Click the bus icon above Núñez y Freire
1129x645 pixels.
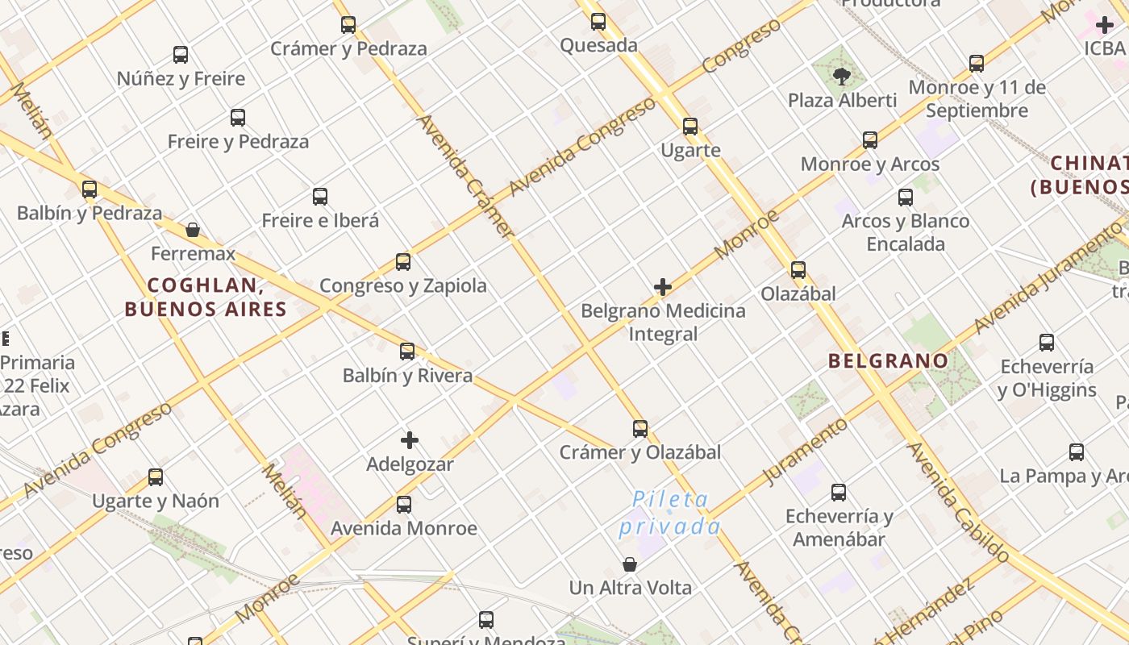pos(181,55)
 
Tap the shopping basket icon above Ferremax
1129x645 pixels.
pos(193,230)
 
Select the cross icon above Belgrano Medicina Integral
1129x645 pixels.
pos(663,287)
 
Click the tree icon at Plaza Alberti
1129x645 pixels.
pos(842,77)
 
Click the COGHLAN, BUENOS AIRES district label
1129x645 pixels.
pos(206,297)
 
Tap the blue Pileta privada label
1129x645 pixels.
pos(669,514)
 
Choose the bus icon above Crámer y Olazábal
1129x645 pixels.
pos(640,428)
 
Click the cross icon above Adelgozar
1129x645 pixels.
pos(410,440)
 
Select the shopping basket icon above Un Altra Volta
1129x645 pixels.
pos(630,564)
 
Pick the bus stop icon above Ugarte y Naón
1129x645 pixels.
pos(156,477)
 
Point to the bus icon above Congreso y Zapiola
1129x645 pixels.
pos(403,262)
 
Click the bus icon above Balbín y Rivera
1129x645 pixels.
pos(407,352)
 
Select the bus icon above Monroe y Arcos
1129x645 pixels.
pos(870,140)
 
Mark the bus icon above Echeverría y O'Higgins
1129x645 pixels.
pos(1047,343)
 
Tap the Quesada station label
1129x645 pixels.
pos(598,45)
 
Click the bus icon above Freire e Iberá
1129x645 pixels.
pos(320,197)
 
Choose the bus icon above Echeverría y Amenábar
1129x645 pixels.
pos(839,492)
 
